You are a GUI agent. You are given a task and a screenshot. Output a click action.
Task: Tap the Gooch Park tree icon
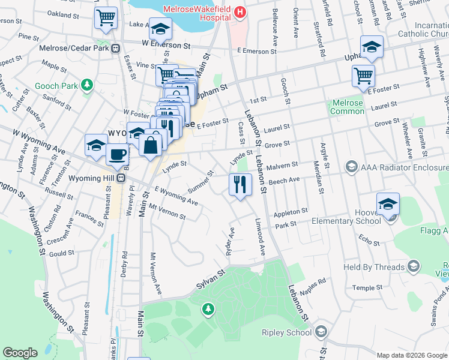pyautogui.click(x=88, y=86)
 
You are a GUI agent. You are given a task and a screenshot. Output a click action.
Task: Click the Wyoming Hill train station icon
pyautogui.click(x=121, y=178)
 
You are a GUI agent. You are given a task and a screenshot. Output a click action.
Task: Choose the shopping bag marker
pyautogui.click(x=150, y=144)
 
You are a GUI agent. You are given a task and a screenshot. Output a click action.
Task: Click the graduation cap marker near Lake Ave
pyautogui.click(x=161, y=28)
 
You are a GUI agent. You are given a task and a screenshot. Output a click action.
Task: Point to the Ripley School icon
pyautogui.click(x=321, y=332)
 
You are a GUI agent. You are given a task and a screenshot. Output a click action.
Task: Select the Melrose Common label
pyautogui.click(x=346, y=107)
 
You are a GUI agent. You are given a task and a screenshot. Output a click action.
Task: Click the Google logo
pyautogui.click(x=20, y=353)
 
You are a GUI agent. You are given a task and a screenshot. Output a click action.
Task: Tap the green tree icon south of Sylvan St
pyautogui.click(x=208, y=309)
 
